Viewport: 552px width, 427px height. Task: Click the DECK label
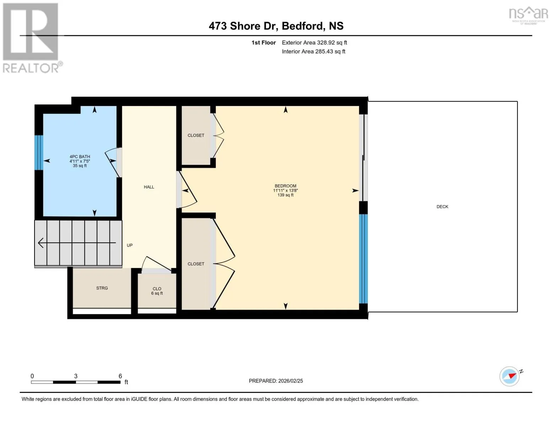tap(442, 207)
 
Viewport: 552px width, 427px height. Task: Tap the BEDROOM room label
tap(285, 186)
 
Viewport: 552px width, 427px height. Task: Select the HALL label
tap(149, 187)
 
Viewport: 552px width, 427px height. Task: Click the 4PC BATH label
tap(80, 157)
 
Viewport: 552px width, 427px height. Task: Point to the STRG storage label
tap(102, 288)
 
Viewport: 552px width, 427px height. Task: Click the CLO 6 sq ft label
tap(157, 291)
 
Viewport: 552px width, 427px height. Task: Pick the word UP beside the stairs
tap(129, 245)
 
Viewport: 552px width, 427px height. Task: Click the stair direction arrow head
tap(41, 243)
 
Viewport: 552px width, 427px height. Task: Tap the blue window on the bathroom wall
tap(39, 152)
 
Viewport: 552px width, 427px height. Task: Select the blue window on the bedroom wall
tap(363, 259)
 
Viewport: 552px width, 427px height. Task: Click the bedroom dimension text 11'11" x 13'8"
tap(285, 190)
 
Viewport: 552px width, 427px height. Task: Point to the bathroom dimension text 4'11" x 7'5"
tap(80, 161)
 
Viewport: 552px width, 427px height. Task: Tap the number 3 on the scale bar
tap(76, 376)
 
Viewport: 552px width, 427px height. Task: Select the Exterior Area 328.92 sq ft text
tap(314, 42)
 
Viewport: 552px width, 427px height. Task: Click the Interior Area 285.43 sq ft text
tap(313, 51)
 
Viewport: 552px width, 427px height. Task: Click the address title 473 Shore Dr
tap(243, 26)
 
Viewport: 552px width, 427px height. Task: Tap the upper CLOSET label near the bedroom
tap(196, 135)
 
